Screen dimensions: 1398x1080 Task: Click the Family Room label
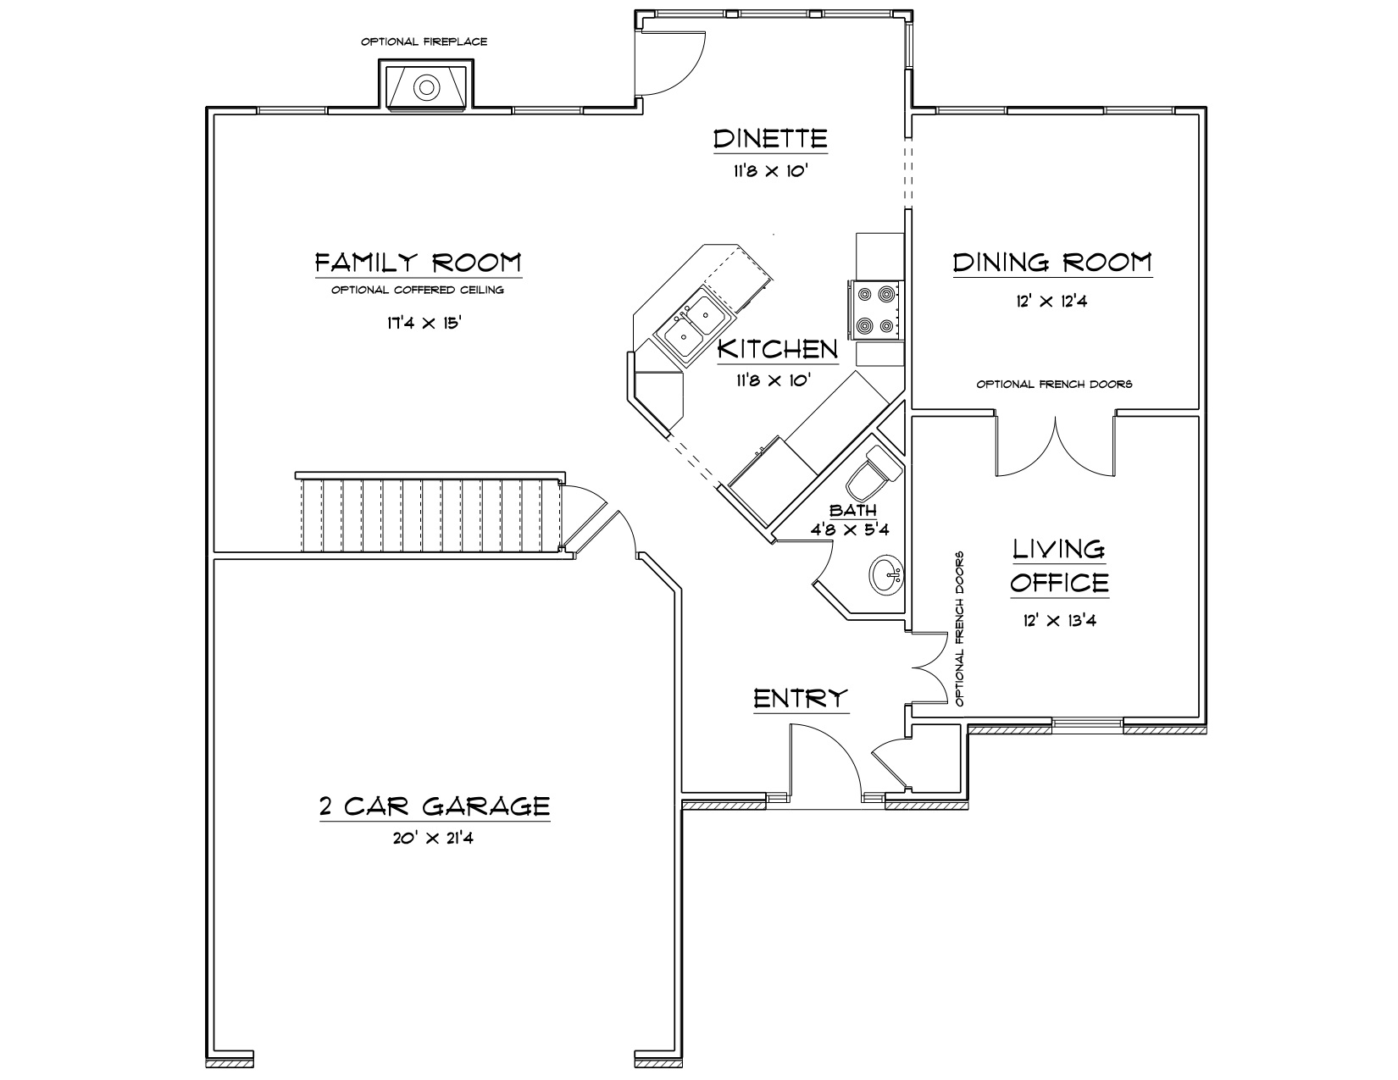419,263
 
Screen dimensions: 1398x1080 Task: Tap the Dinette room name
770,138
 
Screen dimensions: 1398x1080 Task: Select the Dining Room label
1052,263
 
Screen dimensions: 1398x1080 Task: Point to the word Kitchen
778,349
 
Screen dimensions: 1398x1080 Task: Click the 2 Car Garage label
435,806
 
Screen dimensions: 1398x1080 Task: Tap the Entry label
801,699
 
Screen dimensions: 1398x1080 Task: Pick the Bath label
853,511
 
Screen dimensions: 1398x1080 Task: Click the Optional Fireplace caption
424,42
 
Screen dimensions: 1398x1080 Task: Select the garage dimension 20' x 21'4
433,839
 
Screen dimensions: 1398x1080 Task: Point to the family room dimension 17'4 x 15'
424,323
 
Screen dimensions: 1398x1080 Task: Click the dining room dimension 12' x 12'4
1051,301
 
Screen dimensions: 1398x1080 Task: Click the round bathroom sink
887,574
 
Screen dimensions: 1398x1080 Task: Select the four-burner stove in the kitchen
876,310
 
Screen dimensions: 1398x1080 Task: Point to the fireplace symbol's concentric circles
426,87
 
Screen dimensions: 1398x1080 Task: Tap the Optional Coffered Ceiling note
418,290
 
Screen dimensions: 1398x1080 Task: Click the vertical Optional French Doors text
959,629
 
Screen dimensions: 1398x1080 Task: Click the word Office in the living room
1060,584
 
